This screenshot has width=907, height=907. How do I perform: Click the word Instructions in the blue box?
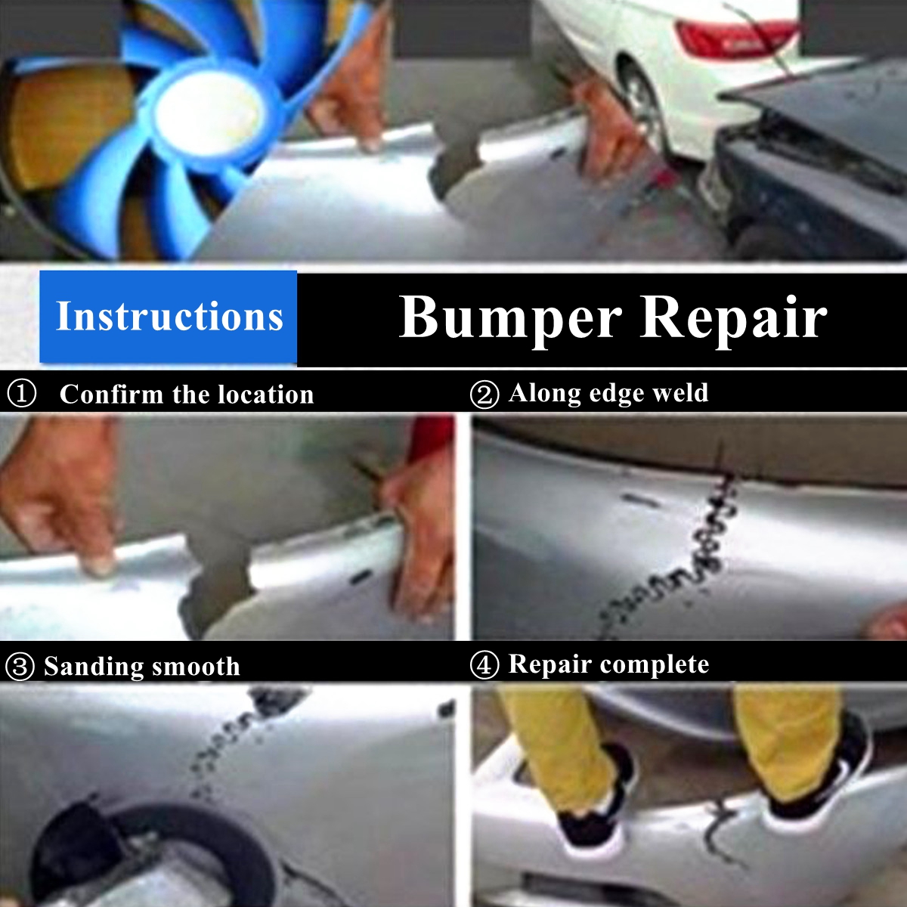tap(169, 317)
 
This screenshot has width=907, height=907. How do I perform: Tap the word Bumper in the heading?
tap(510, 317)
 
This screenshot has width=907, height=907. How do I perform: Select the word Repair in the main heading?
tap(733, 317)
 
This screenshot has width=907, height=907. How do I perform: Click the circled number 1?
tap(21, 394)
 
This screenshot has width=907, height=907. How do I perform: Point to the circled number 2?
tap(484, 395)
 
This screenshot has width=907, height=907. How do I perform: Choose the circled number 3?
tap(20, 667)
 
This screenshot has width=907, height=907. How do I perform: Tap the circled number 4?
tap(484, 665)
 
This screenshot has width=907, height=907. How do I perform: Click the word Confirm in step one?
tap(111, 395)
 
